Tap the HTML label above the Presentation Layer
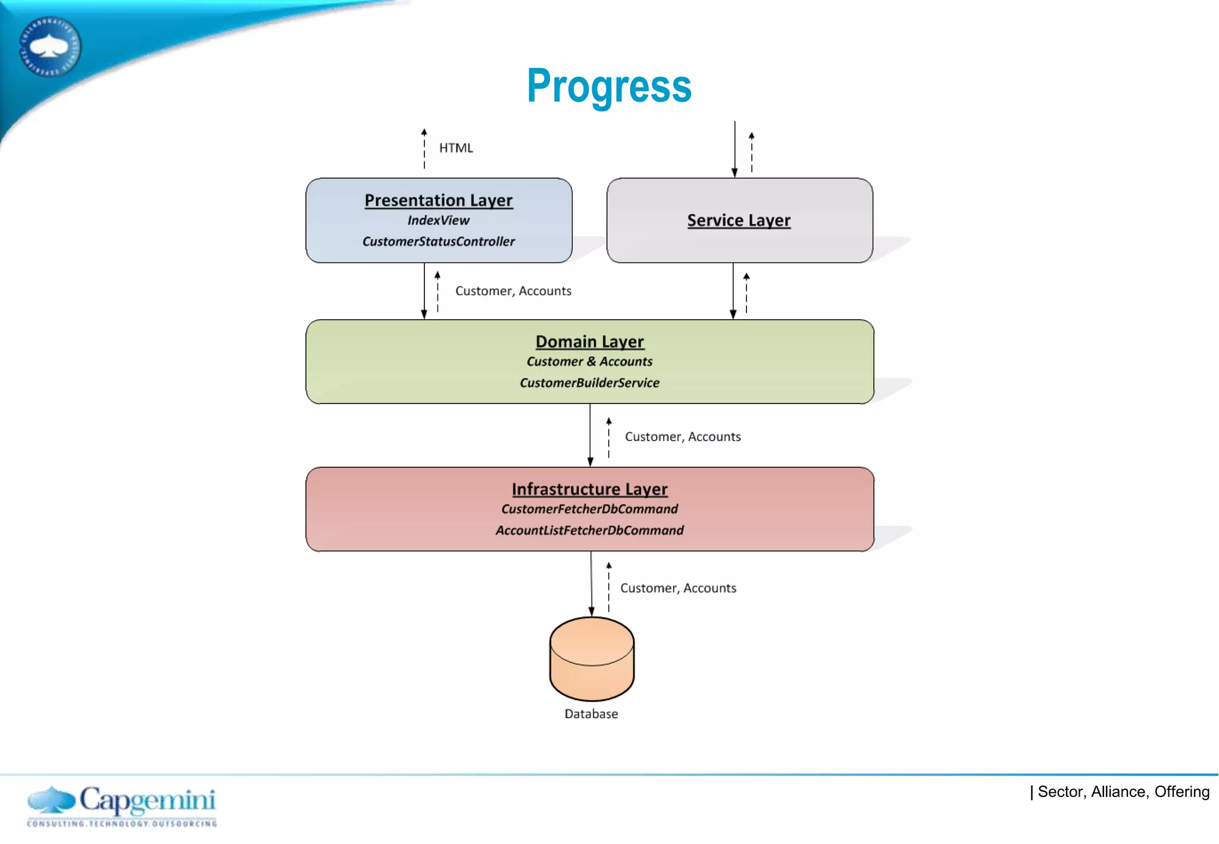pos(455,148)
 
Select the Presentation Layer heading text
pos(438,200)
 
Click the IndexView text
pos(438,220)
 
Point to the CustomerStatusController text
pos(438,241)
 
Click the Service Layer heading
pos(739,220)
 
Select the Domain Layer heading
pos(589,341)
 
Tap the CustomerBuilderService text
pos(589,383)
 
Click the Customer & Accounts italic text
pos(589,361)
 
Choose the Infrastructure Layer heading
pos(589,489)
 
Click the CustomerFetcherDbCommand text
pos(589,509)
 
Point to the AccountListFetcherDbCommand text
pos(589,530)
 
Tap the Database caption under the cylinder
pos(591,714)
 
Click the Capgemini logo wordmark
pos(147,801)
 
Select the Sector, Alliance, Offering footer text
pos(1123,792)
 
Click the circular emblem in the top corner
pos(50,46)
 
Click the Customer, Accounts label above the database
pos(678,588)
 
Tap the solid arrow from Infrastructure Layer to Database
pos(591,583)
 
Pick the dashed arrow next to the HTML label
pos(424,149)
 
